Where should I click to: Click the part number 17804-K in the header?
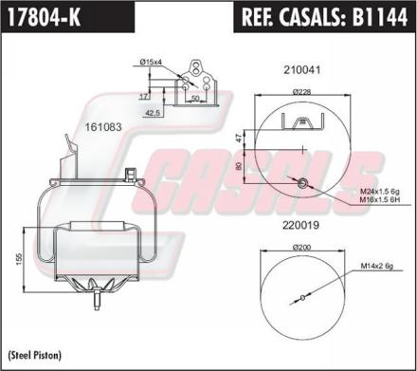coord(44,17)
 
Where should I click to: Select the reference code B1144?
coord(380,17)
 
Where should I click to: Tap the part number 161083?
coord(103,127)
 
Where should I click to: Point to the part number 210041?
coord(302,70)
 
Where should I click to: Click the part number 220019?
coord(300,226)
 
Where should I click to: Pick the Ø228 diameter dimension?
coord(301,92)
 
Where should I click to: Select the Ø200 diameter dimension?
coord(301,248)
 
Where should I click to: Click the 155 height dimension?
coord(18,259)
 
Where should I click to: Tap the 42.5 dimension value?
coord(154,113)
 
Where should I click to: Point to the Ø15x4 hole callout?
coord(151,62)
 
